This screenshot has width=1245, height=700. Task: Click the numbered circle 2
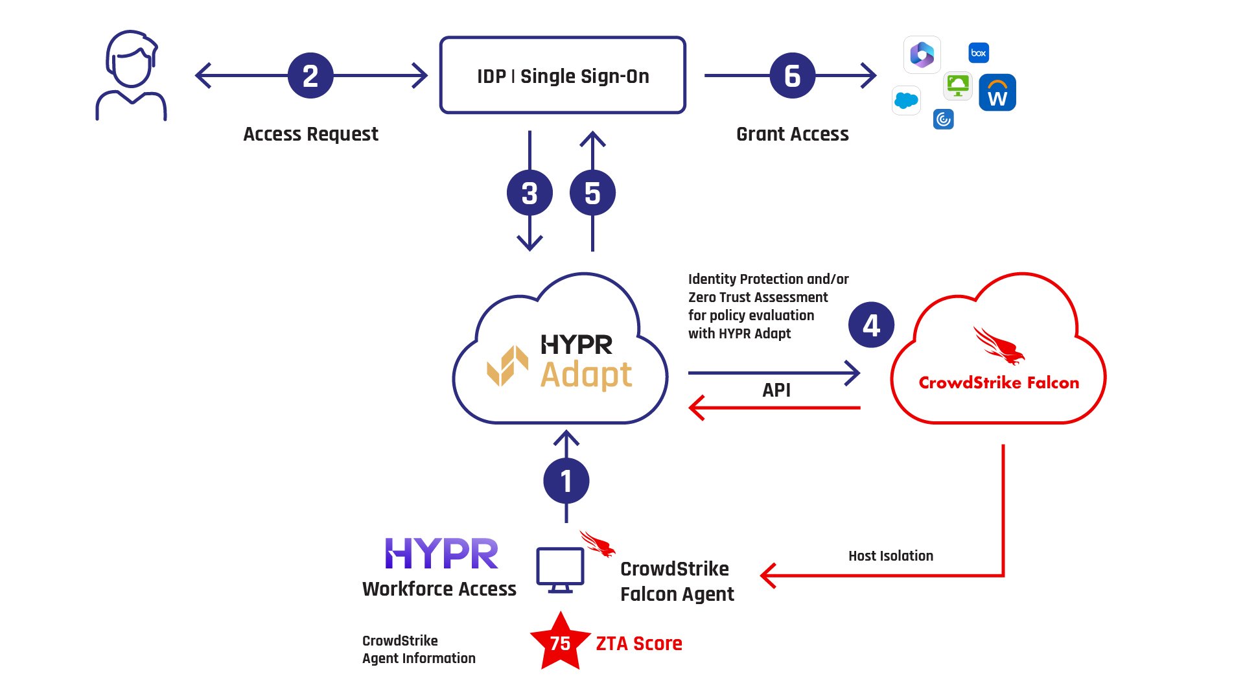click(310, 76)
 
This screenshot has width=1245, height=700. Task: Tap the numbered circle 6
click(792, 76)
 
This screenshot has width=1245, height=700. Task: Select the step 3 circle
click(529, 193)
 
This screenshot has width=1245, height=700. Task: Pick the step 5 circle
click(592, 193)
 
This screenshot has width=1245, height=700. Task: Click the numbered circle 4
click(871, 325)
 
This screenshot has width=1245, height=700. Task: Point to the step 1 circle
click(566, 481)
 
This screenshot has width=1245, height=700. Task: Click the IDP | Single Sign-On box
click(563, 76)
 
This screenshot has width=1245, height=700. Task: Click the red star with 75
click(560, 642)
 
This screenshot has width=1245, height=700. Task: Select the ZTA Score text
click(639, 644)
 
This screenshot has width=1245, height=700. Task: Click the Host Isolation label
click(890, 556)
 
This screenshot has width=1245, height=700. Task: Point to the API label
click(776, 390)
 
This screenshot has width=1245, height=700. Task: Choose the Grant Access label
click(792, 134)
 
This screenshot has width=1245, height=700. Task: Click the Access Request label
click(310, 134)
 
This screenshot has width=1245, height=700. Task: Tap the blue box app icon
click(979, 53)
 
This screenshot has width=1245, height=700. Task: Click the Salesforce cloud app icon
click(906, 100)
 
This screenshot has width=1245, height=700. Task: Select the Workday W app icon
click(997, 93)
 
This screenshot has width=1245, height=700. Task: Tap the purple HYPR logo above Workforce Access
click(441, 554)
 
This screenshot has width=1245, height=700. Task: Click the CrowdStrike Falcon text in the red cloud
click(999, 383)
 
